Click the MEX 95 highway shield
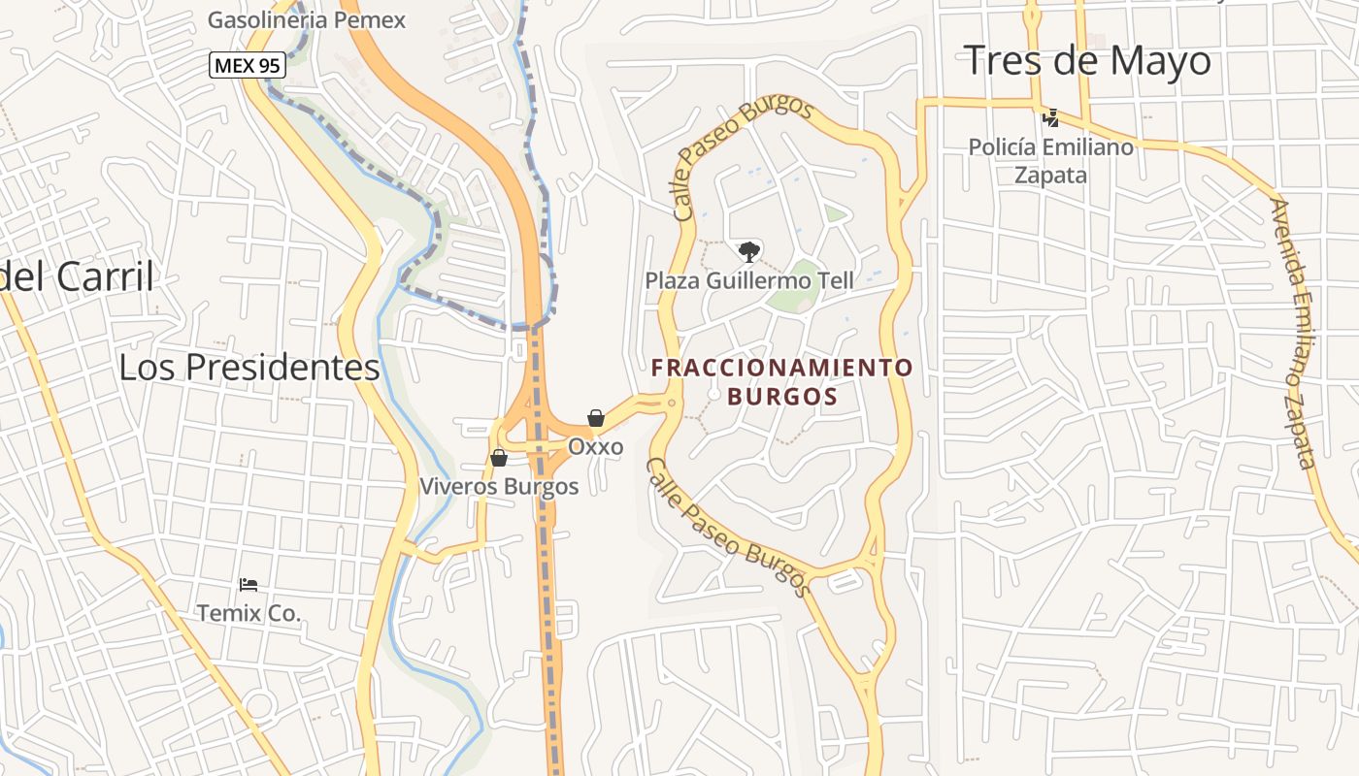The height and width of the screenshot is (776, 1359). tap(247, 65)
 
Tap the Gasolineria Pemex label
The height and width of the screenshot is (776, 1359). tap(307, 19)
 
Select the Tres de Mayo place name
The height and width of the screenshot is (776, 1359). tap(1087, 61)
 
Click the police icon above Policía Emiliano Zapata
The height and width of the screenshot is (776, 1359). tap(1049, 118)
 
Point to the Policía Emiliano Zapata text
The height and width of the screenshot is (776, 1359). tap(1050, 161)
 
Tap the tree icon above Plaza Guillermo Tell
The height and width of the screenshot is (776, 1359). tap(748, 252)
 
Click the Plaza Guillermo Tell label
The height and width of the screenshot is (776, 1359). tap(749, 280)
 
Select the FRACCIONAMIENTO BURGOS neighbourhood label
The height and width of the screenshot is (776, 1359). tap(782, 382)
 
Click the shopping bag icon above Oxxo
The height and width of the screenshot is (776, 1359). tap(596, 418)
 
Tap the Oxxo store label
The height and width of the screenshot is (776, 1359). tap(595, 447)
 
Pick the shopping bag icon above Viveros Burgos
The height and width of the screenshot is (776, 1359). tap(499, 457)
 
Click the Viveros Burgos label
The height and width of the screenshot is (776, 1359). tap(499, 486)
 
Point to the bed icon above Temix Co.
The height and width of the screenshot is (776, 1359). tap(249, 585)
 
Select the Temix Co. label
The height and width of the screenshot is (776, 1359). tap(249, 613)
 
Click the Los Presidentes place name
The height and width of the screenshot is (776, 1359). tap(249, 367)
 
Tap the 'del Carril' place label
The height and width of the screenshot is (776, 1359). tap(77, 276)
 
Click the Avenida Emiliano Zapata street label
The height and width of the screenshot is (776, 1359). tap(1297, 333)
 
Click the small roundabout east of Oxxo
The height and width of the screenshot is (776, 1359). tap(671, 402)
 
